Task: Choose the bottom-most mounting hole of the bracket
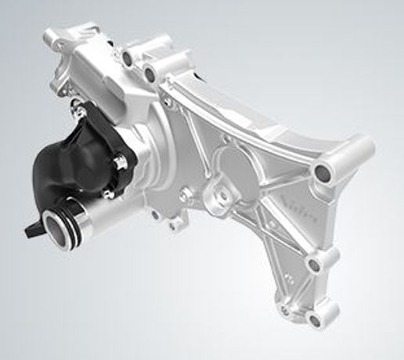315,319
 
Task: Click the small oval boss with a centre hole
220,194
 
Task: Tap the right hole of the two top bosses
149,75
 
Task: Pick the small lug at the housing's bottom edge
174,224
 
